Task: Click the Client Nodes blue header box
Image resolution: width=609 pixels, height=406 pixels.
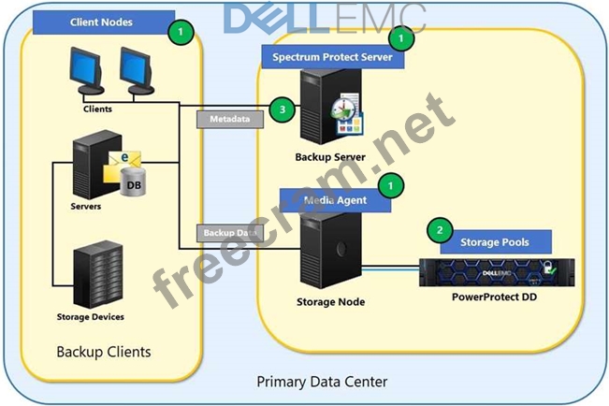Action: coord(103,22)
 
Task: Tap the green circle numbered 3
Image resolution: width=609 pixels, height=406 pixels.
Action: coord(283,109)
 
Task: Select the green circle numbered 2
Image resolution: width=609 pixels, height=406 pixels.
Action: coord(440,230)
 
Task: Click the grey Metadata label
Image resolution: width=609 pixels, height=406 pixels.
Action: coord(230,120)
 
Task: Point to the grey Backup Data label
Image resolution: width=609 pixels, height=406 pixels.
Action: coord(230,233)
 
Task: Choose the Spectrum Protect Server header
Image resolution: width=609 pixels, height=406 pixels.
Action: coord(332,57)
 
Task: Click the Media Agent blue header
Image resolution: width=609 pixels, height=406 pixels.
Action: coord(335,200)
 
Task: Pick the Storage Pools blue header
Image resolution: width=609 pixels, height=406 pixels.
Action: coord(495,242)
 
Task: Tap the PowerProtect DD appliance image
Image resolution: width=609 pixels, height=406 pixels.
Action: coord(497,272)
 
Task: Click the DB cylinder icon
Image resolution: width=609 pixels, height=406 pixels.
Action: coord(133,181)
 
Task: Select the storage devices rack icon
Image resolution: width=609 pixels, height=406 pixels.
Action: coord(98,275)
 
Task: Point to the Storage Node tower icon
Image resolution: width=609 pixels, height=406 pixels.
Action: coord(331,251)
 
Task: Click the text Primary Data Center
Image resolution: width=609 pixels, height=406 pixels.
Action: coord(322,382)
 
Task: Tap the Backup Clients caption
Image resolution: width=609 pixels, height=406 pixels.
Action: coord(104,352)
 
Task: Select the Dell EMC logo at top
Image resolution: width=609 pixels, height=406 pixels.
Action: coord(325,19)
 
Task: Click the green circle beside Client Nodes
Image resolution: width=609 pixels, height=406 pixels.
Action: coord(181,32)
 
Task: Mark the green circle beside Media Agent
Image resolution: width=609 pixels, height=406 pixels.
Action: coord(391,186)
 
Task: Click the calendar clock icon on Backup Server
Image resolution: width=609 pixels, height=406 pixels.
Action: coord(347,114)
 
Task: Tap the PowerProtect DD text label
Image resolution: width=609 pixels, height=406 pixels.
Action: coord(495,297)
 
